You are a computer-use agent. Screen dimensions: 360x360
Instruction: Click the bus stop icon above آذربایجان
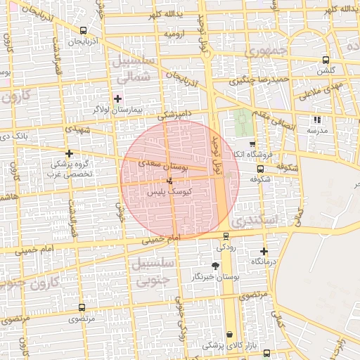point(84,30)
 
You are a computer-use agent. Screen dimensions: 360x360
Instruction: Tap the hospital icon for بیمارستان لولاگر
point(117,98)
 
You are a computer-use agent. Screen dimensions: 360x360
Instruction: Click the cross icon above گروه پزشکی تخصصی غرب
point(69,153)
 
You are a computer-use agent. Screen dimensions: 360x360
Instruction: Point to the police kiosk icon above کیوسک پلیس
point(168,181)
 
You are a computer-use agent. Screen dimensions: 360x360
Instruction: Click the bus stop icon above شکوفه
point(260,169)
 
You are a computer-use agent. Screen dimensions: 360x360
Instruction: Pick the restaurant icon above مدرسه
point(317,120)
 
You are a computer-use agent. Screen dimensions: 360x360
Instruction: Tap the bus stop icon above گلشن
point(325,60)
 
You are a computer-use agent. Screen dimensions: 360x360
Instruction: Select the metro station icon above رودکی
point(226,236)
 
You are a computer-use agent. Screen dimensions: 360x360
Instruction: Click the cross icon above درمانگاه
point(264,251)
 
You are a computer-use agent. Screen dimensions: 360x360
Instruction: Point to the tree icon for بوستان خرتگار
point(215,266)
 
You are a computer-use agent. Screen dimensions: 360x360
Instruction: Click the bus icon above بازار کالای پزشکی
point(229,334)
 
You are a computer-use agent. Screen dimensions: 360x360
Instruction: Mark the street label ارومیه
point(176,33)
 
